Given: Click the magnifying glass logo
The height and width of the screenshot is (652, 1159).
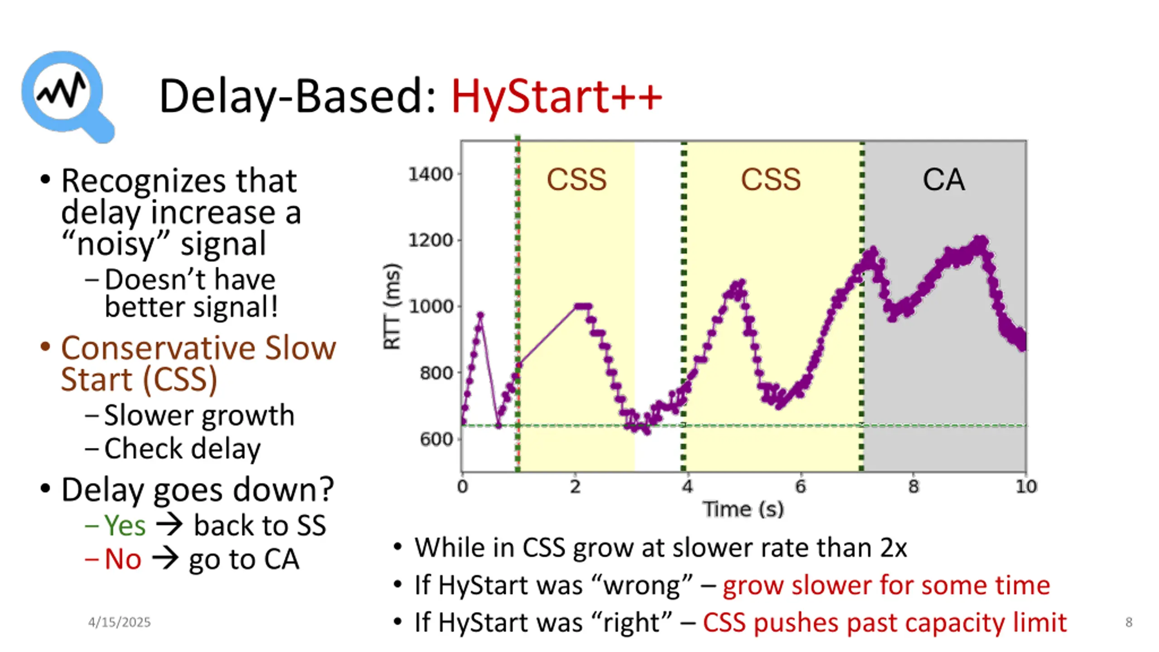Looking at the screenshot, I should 66,95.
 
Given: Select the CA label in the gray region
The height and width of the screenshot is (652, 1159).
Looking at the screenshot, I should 943,180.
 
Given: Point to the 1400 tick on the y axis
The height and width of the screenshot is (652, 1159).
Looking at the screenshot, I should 431,174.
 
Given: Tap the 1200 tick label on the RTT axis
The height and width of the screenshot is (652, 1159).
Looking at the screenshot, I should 431,240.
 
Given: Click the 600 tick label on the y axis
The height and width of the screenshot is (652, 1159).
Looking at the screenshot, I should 436,439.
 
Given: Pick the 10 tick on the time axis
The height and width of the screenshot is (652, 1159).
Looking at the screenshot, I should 1026,487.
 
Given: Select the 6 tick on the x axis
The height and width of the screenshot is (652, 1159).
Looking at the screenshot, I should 800,487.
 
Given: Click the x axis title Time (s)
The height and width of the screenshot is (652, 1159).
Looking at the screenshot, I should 743,509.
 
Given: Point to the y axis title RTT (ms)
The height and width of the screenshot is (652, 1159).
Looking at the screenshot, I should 392,307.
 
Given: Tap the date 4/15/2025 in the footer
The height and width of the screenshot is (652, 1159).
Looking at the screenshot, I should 119,623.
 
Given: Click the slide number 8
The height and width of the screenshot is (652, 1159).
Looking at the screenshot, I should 1129,623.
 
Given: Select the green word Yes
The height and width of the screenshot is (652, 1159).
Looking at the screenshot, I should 125,526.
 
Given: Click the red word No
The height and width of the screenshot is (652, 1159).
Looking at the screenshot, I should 123,559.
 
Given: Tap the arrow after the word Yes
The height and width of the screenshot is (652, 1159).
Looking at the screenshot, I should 169,525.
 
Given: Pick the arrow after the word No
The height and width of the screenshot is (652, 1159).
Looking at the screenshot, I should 165,559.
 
